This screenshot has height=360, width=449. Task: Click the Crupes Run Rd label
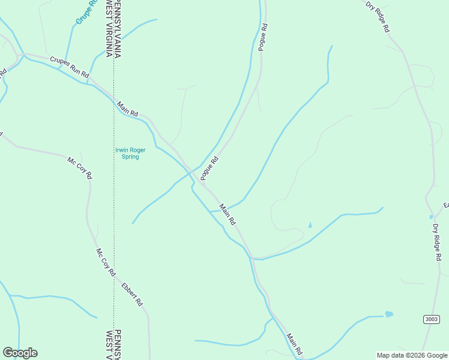pyautogui.click(x=70, y=67)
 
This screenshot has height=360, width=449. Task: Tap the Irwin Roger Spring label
pyautogui.click(x=127, y=154)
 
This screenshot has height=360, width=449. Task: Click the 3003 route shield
pyautogui.click(x=430, y=319)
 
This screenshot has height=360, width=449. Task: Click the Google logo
pyautogui.click(x=20, y=353)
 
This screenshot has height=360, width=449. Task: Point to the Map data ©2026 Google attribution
pyautogui.click(x=412, y=355)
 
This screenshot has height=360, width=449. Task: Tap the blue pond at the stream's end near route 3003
pyautogui.click(x=389, y=314)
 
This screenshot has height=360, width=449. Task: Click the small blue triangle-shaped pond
pyautogui.click(x=310, y=225)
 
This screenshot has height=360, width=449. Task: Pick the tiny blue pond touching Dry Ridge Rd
pyautogui.click(x=431, y=217)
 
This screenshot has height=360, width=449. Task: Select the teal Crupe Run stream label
pyautogui.click(x=86, y=12)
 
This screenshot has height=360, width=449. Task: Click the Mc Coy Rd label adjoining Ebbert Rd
pyautogui.click(x=106, y=262)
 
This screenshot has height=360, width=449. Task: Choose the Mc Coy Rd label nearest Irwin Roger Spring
pyautogui.click(x=80, y=168)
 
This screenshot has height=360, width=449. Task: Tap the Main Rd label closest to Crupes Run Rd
pyautogui.click(x=128, y=109)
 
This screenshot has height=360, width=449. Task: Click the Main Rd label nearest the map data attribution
pyautogui.click(x=294, y=343)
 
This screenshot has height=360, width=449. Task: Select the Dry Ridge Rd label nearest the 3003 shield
pyautogui.click(x=437, y=242)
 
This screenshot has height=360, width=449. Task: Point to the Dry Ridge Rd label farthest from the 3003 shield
pyautogui.click(x=378, y=17)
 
